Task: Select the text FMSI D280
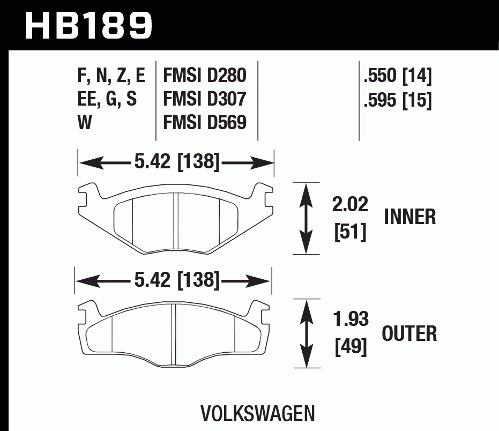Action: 205,76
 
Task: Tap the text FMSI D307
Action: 205,99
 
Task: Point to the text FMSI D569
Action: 205,123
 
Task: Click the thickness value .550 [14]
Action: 397,76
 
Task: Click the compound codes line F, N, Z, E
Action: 111,76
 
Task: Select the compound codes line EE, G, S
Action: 107,100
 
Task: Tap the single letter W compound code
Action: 85,123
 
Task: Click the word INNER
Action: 410,217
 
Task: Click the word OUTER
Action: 409,333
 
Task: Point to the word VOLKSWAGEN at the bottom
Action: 257,413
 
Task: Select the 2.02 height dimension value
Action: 351,205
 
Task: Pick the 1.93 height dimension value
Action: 351,320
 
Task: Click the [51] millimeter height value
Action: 350,233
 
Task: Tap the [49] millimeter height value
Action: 351,348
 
